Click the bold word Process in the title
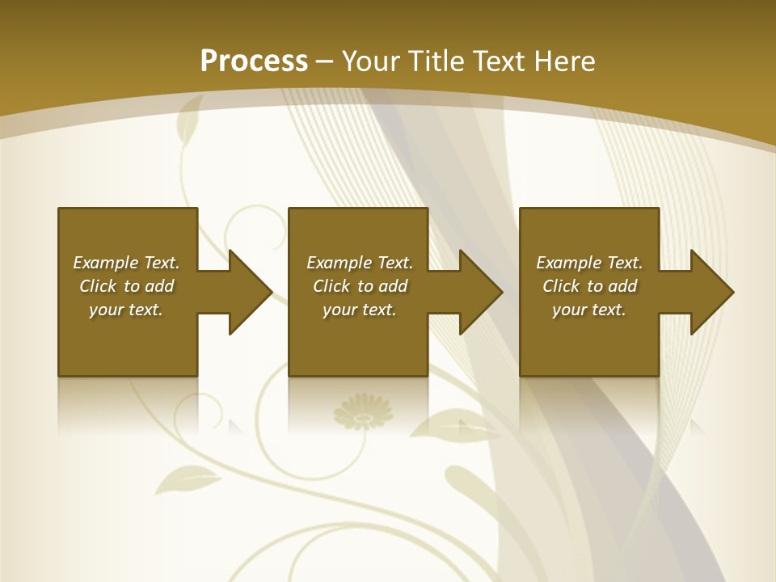coord(254,61)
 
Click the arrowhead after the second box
coord(480,292)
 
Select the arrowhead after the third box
coord(711,292)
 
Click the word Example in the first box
coord(106,263)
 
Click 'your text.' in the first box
coord(126,310)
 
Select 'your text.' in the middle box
coord(359,310)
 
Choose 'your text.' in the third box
coord(589,310)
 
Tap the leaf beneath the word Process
coord(189,118)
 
